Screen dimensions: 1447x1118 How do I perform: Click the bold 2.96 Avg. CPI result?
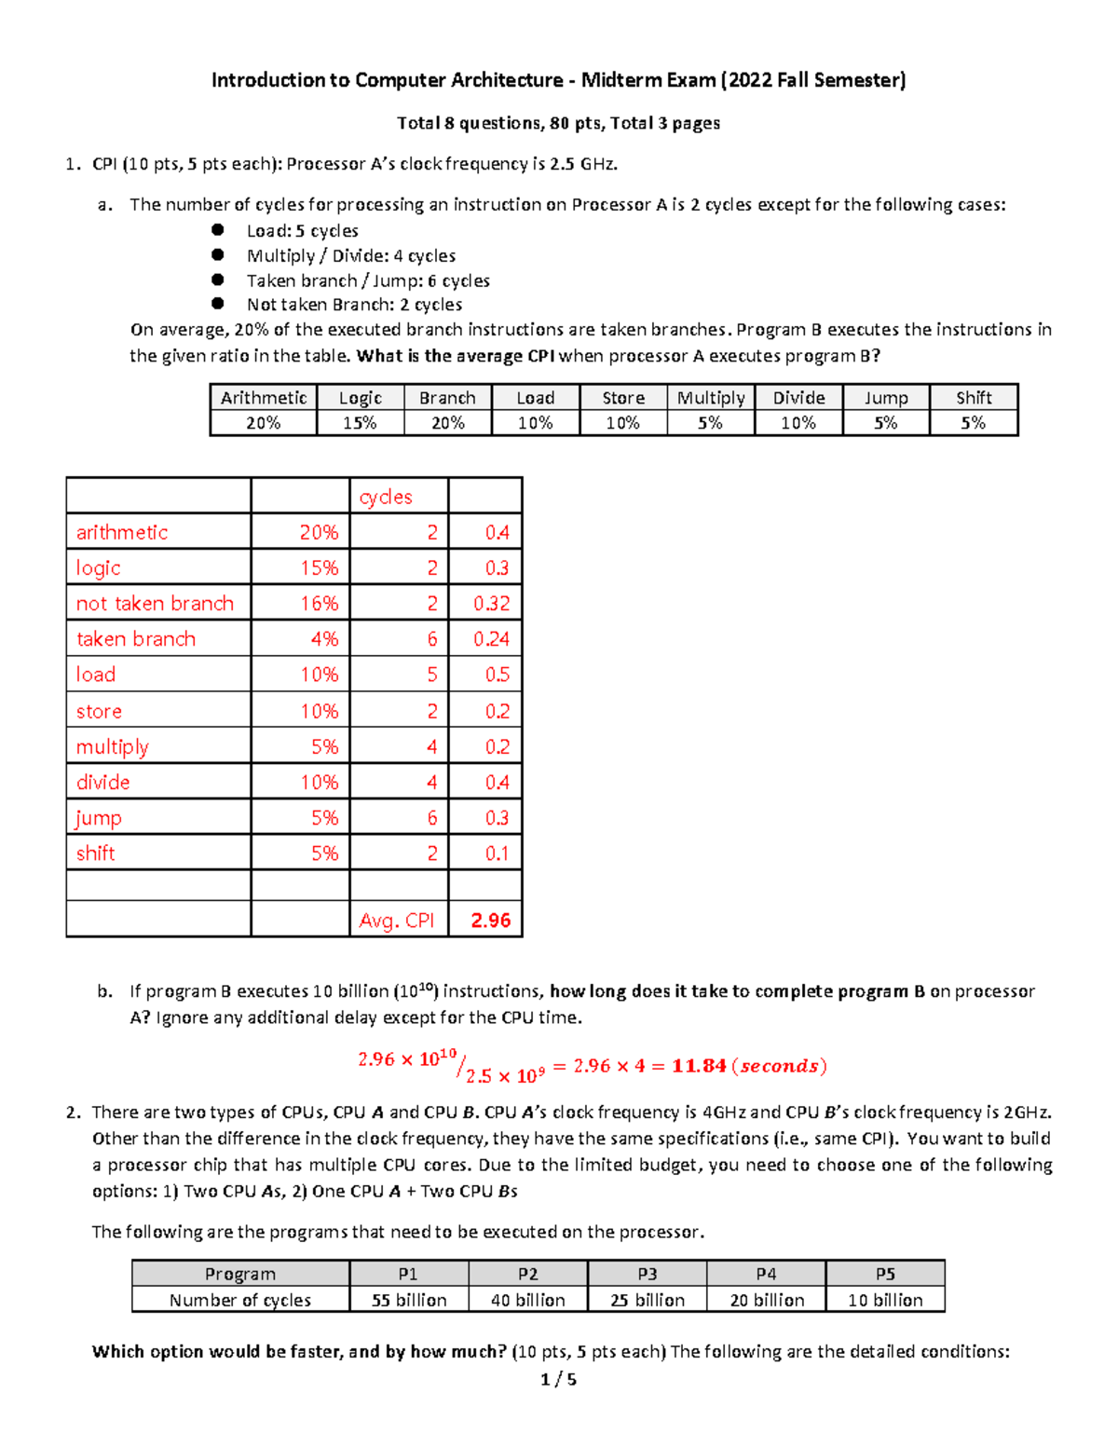tap(490, 921)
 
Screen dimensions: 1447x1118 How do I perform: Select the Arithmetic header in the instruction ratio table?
tap(264, 398)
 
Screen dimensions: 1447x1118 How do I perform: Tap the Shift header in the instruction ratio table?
tap(974, 398)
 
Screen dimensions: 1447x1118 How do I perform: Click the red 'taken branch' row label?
tap(136, 639)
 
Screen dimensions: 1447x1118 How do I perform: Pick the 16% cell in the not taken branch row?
tap(319, 604)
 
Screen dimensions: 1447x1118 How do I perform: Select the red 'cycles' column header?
tap(386, 498)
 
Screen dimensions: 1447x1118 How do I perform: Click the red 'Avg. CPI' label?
tap(397, 921)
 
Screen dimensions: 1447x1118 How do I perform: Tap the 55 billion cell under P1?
tap(409, 1300)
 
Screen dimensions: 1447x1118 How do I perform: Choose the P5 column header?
tap(885, 1274)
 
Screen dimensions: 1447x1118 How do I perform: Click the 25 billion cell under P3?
tap(648, 1300)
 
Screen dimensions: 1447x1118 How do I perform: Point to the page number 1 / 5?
tap(558, 1380)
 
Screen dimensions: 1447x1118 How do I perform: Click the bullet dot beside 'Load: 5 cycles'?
tap(218, 230)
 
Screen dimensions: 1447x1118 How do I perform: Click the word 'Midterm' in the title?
tap(621, 80)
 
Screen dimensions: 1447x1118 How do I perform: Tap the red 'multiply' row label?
tap(113, 747)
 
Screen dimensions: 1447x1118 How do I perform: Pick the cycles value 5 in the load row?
tap(431, 675)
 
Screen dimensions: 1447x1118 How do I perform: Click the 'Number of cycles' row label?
tap(240, 1300)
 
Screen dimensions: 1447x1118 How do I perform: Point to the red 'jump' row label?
tap(99, 818)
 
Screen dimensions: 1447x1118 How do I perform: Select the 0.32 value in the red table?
tap(491, 604)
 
